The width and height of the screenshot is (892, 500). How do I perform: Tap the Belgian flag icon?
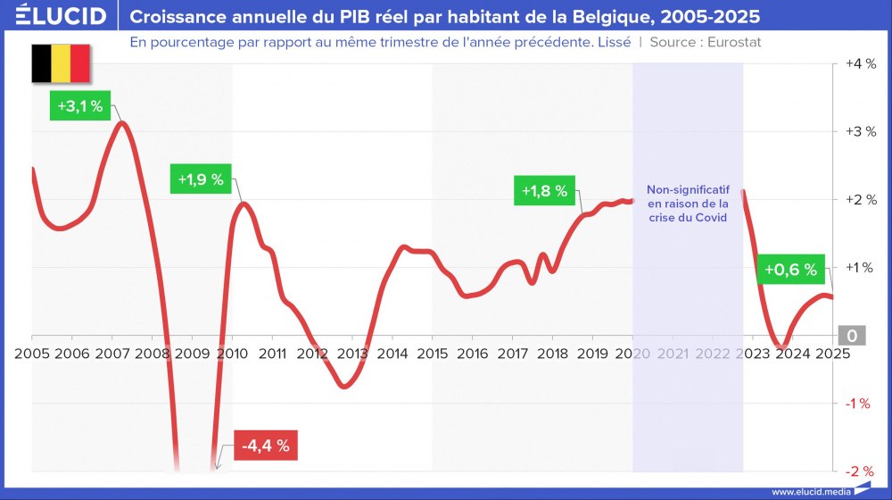[61, 63]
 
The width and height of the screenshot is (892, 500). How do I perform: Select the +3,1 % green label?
[80, 106]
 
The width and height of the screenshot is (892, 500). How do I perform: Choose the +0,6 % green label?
[788, 269]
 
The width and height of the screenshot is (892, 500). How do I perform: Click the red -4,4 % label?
[265, 446]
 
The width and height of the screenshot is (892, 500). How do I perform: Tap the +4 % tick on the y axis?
[861, 64]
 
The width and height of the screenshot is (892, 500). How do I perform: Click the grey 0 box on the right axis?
[852, 336]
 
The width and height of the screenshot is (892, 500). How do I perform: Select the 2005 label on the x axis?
[32, 353]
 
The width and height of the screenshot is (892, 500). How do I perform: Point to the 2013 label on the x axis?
[352, 353]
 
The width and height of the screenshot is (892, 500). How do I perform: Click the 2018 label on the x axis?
[552, 353]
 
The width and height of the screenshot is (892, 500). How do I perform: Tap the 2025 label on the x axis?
[831, 353]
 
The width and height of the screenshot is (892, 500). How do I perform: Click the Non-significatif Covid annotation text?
[688, 204]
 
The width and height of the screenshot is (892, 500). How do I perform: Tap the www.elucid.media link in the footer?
[809, 491]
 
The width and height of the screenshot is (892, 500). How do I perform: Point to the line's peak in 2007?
[122, 123]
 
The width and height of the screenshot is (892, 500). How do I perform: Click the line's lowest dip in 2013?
[344, 386]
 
